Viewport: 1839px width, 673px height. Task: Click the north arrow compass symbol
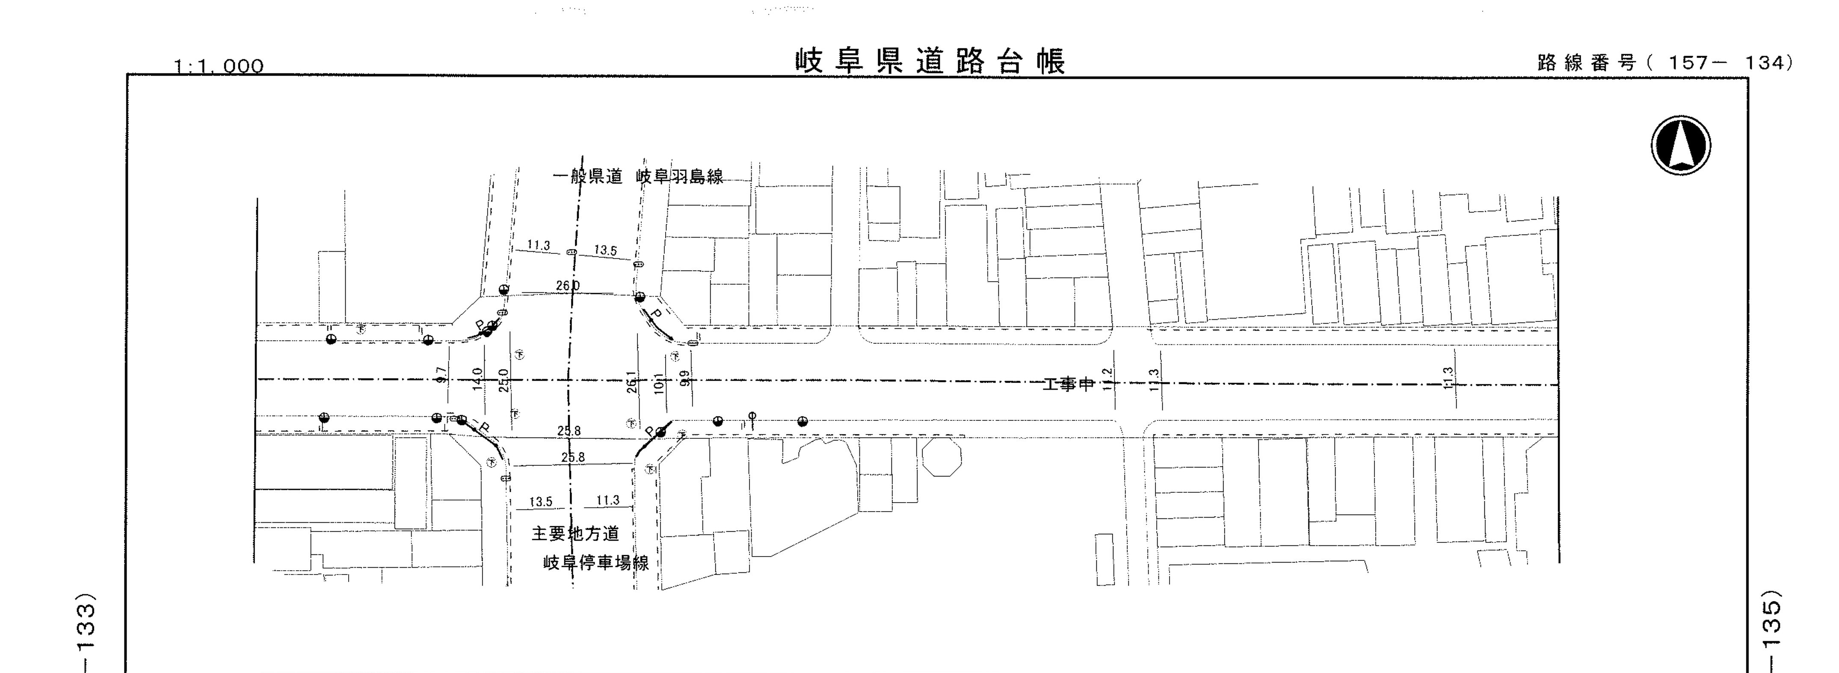[1681, 145]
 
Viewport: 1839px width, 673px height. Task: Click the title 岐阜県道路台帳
[930, 62]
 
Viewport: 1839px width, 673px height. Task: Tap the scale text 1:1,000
[219, 66]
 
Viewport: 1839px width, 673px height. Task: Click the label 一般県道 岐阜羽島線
[640, 176]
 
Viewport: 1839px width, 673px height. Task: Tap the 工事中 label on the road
[1068, 384]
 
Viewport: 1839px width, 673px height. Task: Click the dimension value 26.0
[568, 286]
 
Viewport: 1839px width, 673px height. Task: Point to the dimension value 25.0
[503, 380]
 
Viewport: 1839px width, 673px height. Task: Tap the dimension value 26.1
[631, 382]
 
